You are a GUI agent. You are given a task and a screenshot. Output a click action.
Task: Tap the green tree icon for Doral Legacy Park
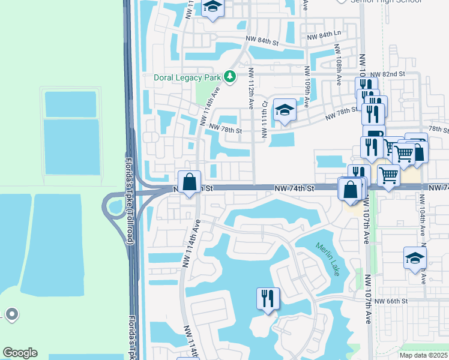229,76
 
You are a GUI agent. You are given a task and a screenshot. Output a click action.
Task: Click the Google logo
20,353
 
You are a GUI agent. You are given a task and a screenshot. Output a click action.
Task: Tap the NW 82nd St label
389,74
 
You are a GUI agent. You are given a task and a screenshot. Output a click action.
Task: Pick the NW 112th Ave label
250,88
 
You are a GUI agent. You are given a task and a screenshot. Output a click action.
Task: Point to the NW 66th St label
391,301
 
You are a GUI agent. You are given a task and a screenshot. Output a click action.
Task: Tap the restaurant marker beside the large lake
268,298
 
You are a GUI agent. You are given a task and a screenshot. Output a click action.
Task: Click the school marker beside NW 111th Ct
285,110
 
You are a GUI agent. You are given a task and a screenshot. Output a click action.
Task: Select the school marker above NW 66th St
415,258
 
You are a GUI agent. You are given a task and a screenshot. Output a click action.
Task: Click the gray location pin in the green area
11,314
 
